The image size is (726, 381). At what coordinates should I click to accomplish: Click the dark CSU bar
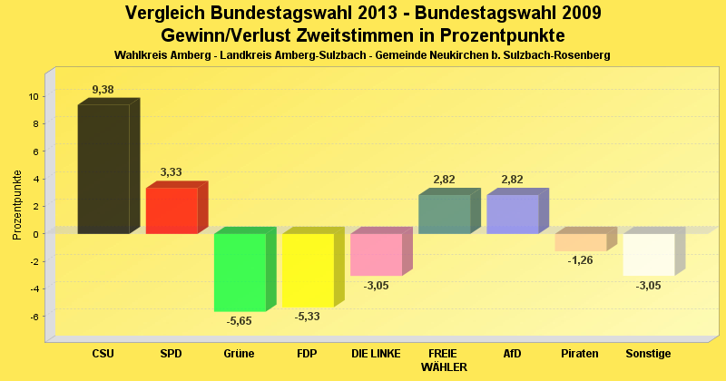point(103,169)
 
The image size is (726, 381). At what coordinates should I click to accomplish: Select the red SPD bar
point(172,210)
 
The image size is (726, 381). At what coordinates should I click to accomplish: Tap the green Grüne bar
point(240,272)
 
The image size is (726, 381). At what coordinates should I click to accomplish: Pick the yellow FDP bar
point(308,270)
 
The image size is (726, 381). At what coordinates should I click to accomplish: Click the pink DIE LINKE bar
point(376,254)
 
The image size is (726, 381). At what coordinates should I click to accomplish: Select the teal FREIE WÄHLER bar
point(444,214)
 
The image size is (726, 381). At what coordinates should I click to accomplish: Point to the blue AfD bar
point(512,214)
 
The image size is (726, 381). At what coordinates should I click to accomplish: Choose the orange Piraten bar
point(580,242)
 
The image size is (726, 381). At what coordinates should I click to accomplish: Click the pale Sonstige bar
point(648,254)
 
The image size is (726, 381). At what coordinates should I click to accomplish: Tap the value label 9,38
point(103,89)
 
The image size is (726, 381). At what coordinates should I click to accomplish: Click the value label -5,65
point(240,319)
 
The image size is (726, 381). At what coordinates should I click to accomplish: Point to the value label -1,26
point(580,260)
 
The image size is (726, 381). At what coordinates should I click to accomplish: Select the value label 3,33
point(172,171)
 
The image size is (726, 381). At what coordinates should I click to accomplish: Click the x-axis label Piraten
point(580,353)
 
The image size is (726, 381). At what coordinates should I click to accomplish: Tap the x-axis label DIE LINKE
point(376,353)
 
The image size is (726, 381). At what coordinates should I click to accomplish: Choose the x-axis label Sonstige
point(648,353)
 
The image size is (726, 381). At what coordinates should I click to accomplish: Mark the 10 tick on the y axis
point(33,96)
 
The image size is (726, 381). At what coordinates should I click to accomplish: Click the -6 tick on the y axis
point(34,316)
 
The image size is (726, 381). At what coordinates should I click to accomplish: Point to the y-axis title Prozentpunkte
point(17,205)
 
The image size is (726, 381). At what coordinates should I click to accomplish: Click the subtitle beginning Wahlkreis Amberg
point(362,55)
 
